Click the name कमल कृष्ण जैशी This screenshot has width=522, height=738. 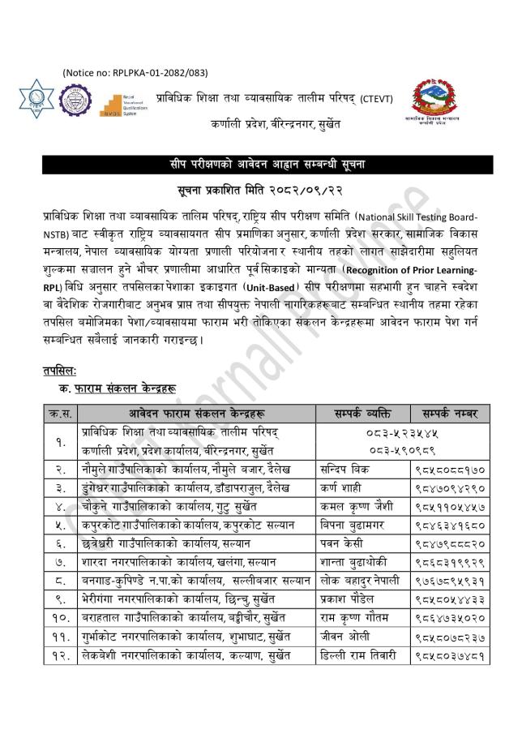[357, 507]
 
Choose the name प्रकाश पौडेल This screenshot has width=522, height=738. [346, 600]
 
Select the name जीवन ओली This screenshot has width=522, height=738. [341, 637]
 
